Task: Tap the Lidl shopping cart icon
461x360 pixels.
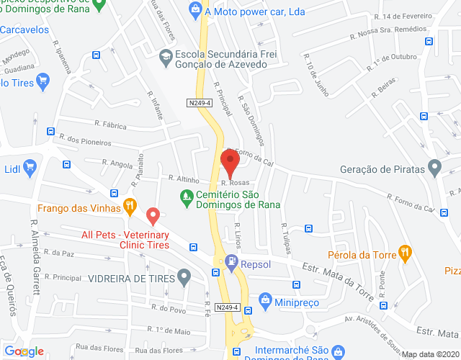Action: pos(30,168)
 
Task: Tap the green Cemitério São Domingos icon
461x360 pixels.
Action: pos(187,195)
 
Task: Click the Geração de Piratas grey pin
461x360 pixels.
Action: pos(434,168)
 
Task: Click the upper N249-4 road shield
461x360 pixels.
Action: pos(199,103)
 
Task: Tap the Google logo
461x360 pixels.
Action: pos(24,351)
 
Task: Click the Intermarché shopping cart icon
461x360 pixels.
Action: pos(236,352)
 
